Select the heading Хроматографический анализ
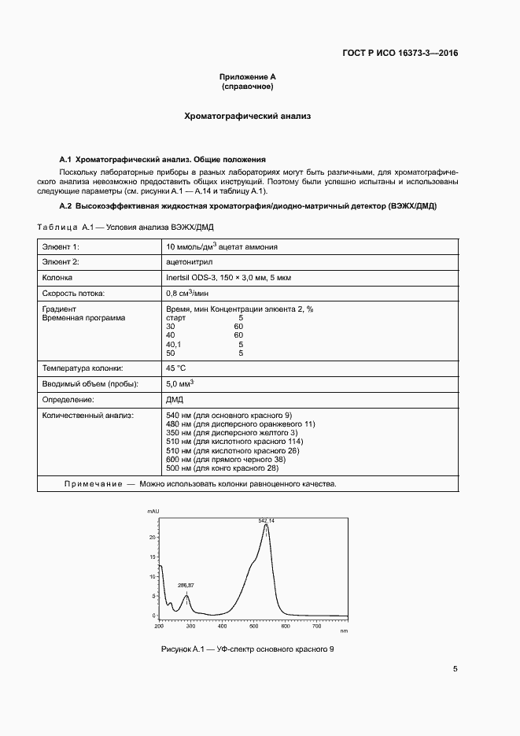click(x=248, y=116)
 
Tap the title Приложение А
click(x=248, y=76)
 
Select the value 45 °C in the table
click(x=176, y=368)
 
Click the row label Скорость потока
click(x=73, y=293)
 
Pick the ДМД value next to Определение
click(x=175, y=399)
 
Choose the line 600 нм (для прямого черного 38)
click(x=226, y=459)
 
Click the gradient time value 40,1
click(x=173, y=344)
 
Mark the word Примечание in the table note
click(x=93, y=483)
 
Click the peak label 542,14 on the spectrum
click(x=266, y=521)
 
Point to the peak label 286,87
click(x=186, y=586)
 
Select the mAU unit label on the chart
click(x=153, y=512)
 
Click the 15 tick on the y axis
click(x=153, y=557)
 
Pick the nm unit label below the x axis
click(x=344, y=631)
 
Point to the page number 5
click(x=455, y=669)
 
